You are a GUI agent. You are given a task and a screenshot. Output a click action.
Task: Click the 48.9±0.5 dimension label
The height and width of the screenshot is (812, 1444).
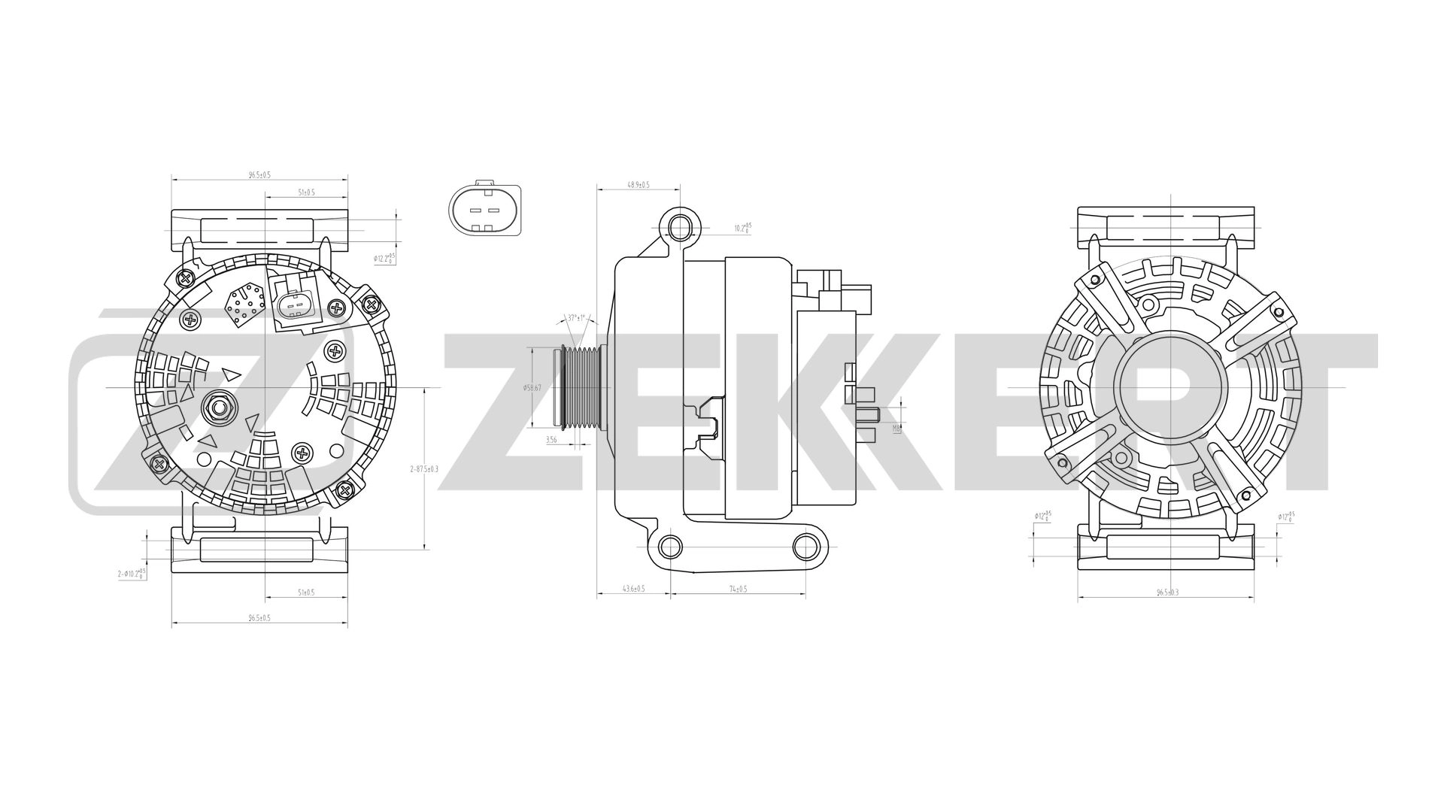pos(638,184)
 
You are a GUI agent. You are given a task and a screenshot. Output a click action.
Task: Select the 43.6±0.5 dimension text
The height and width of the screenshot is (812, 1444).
pos(634,589)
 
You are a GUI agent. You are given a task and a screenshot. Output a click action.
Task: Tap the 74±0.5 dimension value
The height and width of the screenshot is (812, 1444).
pos(738,589)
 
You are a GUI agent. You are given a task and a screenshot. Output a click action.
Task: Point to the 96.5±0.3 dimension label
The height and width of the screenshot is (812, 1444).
pos(1167,592)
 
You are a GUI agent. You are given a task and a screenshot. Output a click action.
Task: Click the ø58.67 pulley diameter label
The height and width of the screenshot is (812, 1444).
pos(532,388)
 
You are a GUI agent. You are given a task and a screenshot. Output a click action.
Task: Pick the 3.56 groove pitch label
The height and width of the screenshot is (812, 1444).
pos(551,440)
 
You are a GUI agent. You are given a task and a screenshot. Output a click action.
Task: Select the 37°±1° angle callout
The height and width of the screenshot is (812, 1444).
pos(576,318)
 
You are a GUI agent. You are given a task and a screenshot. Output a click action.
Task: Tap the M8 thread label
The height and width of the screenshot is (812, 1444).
pos(896,428)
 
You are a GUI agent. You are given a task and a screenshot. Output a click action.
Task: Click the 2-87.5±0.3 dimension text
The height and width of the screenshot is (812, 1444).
pos(423,468)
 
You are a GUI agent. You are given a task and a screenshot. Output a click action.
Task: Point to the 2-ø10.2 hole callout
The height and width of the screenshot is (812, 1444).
pos(132,574)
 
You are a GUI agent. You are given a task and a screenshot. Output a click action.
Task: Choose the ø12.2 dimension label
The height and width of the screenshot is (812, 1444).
pos(384,258)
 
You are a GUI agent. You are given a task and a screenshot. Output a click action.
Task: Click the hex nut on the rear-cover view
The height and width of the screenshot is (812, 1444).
pos(219,408)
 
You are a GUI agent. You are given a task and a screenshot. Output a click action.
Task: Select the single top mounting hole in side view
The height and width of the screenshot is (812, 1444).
pos(679,226)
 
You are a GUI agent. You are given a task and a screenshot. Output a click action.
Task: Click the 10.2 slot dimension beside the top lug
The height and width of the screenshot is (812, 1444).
pos(742,228)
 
